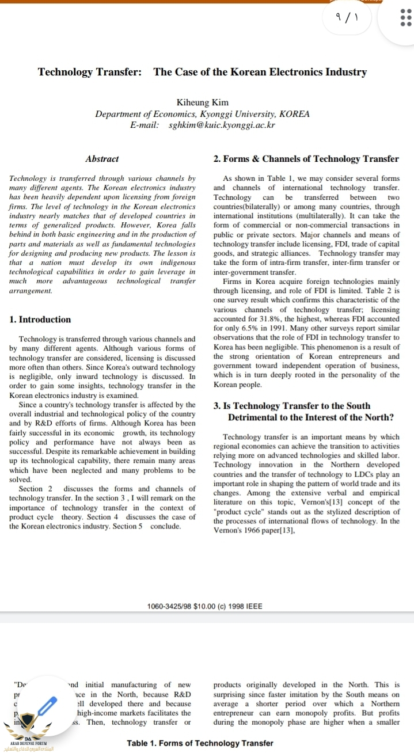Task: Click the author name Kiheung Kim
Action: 203,102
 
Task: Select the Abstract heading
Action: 102,159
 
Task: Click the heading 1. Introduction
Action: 41,320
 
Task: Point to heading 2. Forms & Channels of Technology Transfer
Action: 306,159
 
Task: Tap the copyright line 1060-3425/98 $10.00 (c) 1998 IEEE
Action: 204,606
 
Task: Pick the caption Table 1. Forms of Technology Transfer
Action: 200,743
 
